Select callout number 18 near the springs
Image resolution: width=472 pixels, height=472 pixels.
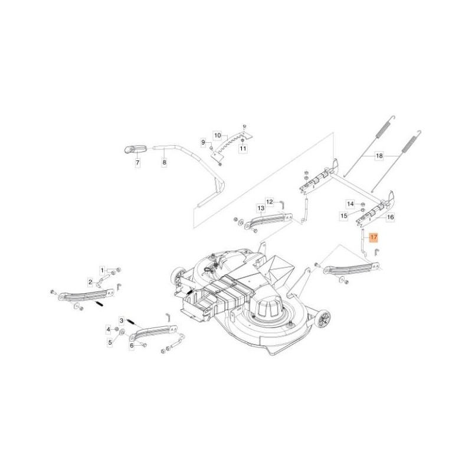(x=379, y=156)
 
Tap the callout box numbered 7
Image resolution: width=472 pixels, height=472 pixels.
(x=138, y=162)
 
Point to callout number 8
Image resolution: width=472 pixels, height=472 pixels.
(x=164, y=162)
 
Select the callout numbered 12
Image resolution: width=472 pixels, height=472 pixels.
(x=269, y=201)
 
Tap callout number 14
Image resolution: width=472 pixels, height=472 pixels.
(x=350, y=204)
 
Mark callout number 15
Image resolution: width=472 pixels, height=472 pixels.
(x=344, y=217)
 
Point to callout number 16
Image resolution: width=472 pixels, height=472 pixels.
(x=389, y=218)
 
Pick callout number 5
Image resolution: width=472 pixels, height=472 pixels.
(x=109, y=342)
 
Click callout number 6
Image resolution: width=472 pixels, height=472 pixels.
(x=133, y=346)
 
